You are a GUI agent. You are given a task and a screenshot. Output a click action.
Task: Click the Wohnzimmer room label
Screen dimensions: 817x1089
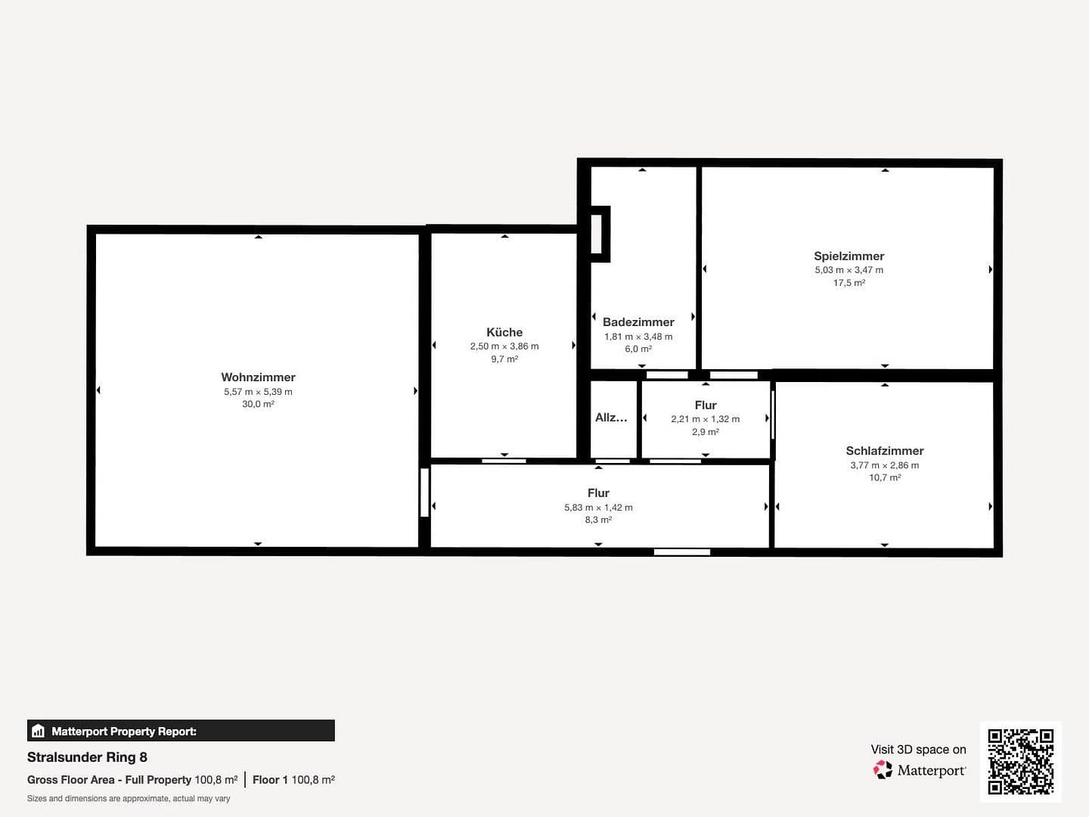(258, 377)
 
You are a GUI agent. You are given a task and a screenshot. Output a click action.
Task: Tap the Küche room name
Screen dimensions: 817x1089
(504, 332)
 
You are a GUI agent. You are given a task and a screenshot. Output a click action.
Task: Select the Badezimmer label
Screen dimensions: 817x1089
(638, 322)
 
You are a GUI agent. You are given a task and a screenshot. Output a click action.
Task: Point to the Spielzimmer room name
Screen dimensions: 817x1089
(849, 256)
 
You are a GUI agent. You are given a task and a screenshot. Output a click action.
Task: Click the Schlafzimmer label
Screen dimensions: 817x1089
(885, 451)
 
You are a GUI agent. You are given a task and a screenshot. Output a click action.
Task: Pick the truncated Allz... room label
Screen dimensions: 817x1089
(611, 418)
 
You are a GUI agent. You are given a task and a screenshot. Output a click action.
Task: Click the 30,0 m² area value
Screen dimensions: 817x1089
(258, 405)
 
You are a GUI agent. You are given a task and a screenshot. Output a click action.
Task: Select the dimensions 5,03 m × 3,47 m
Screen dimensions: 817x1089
(849, 270)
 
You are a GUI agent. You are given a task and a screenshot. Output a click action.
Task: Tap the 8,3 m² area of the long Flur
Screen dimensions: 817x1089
(598, 520)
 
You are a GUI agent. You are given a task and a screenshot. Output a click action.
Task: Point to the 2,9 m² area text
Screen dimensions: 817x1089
(705, 432)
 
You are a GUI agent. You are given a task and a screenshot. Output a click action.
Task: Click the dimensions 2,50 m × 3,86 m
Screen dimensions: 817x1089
(504, 346)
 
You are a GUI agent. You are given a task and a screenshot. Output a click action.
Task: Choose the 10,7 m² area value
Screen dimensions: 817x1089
(885, 478)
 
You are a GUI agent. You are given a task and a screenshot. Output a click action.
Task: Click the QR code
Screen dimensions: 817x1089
(1020, 761)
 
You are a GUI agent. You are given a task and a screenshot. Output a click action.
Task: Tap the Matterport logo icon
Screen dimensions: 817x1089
(883, 770)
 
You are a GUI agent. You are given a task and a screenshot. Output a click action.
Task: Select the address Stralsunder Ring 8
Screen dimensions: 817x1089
(87, 757)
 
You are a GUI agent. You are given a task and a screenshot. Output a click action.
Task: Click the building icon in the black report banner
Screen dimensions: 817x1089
(39, 732)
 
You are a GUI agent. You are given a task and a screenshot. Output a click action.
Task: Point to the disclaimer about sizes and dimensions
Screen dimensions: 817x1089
(129, 799)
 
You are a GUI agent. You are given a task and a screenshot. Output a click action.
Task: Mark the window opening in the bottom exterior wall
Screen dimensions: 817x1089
(681, 552)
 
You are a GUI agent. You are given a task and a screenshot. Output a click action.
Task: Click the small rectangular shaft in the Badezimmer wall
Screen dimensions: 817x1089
(597, 235)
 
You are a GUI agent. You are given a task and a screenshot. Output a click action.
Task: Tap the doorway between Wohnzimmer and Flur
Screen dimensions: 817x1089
(424, 492)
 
